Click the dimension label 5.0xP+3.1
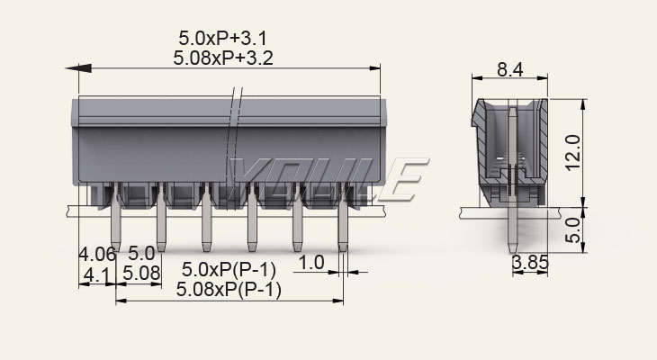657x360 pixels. click(222, 38)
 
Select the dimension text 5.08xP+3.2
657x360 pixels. click(223, 58)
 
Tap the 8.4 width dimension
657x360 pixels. click(510, 69)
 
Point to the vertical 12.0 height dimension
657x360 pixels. click(572, 152)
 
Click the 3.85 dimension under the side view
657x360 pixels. click(530, 263)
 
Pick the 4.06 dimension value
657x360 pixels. click(97, 254)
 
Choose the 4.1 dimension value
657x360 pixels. click(96, 274)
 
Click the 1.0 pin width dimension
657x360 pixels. click(311, 263)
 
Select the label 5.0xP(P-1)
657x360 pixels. click(229, 269)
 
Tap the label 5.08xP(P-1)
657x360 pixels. click(229, 290)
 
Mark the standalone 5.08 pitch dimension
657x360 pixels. click(141, 274)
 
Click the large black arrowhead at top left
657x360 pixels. click(78, 67)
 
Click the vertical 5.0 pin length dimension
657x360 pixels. click(572, 230)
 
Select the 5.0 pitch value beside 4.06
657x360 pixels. click(141, 254)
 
